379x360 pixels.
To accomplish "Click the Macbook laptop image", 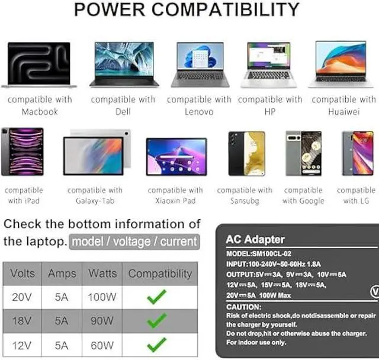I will (x=38, y=65).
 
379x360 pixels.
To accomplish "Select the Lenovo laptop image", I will (x=200, y=65).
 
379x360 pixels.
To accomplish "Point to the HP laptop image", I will (x=269, y=65).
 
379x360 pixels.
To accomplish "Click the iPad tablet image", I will (x=23, y=152).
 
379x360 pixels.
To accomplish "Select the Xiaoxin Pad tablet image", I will (x=176, y=156).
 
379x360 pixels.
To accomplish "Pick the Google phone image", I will (x=303, y=153).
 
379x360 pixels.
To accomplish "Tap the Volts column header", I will (x=23, y=274).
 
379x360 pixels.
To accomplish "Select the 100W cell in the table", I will (x=102, y=297).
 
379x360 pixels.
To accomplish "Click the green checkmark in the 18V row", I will (x=157, y=321).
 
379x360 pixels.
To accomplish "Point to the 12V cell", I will (x=23, y=345).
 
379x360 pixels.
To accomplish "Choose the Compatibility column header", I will (x=160, y=274).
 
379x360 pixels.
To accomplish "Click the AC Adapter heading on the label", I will (x=255, y=240).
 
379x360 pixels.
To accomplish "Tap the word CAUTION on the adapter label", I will (x=243, y=307).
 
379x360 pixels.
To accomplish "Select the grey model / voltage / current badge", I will (x=133, y=242).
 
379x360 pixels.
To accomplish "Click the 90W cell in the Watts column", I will (x=102, y=321).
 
